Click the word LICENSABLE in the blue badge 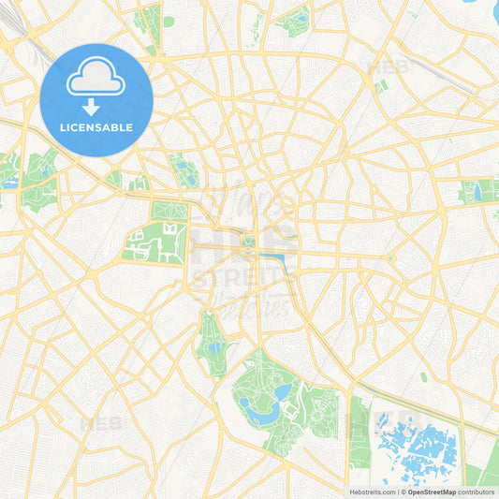tap(96, 127)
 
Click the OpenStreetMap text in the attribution tap(432, 492)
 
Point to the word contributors tap(477, 492)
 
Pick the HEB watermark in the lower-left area tap(100, 423)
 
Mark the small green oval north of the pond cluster tap(423, 377)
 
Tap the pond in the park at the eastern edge tap(478, 193)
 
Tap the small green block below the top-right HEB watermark tap(380, 86)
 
